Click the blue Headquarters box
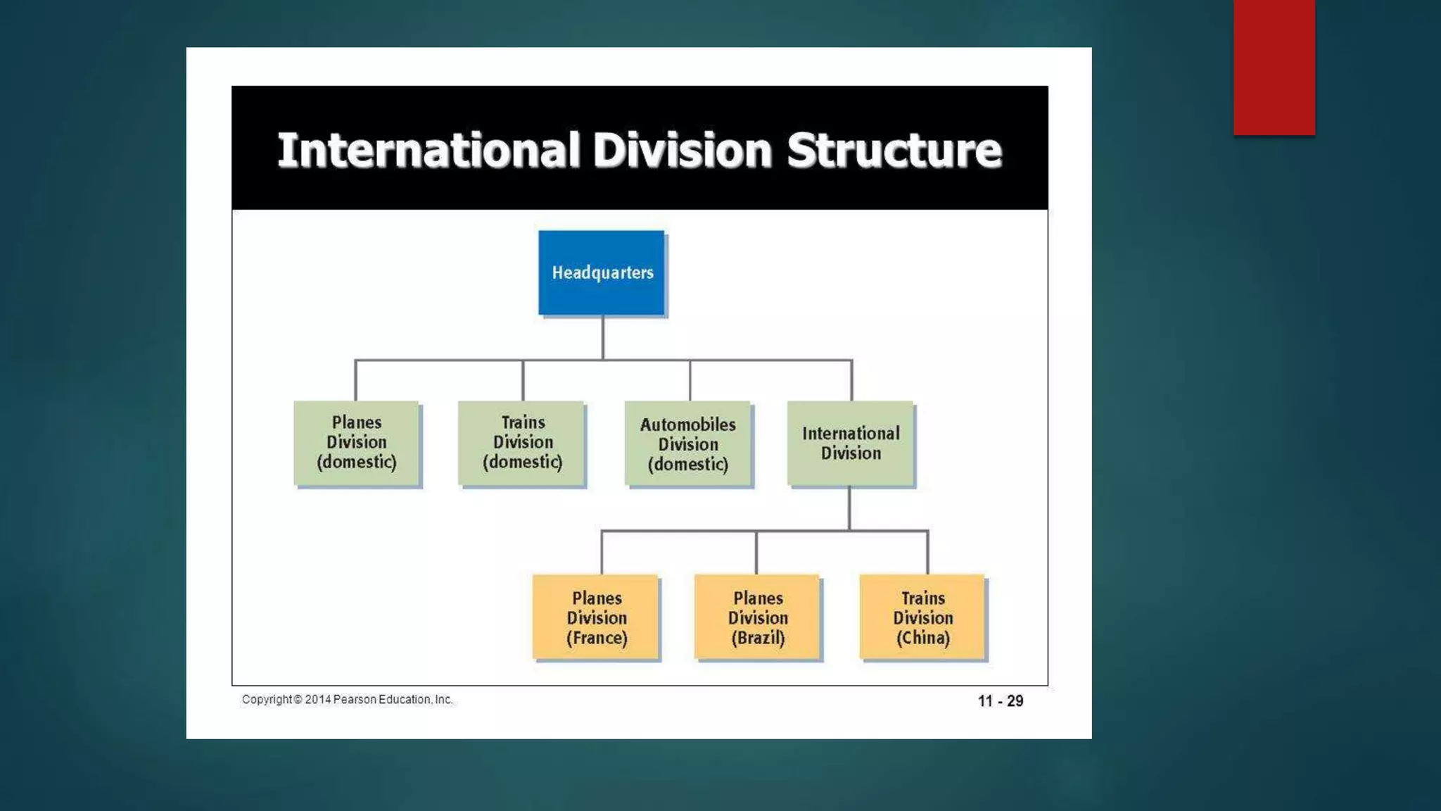pyautogui.click(x=602, y=272)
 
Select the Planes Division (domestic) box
pyautogui.click(x=357, y=443)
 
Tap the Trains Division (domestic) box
pyautogui.click(x=522, y=443)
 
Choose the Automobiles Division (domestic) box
pyautogui.click(x=688, y=444)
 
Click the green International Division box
pyautogui.click(x=851, y=444)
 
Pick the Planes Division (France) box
pyautogui.click(x=596, y=617)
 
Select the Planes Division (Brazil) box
pyautogui.click(x=758, y=617)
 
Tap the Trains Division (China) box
pyautogui.click(x=922, y=617)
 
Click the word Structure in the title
pyautogui.click(x=894, y=150)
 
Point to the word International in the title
pyautogui.click(x=429, y=150)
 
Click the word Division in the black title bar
pyautogui.click(x=682, y=150)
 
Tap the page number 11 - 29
pyautogui.click(x=1000, y=701)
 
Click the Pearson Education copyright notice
pyautogui.click(x=348, y=700)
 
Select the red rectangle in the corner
pyautogui.click(x=1274, y=67)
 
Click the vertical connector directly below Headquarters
pyautogui.click(x=603, y=337)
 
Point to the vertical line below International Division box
pyautogui.click(x=849, y=508)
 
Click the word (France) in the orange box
pyautogui.click(x=597, y=638)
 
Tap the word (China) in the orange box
pyautogui.click(x=922, y=638)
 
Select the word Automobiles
pyautogui.click(x=688, y=425)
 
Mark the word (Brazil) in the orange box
pyautogui.click(x=758, y=638)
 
